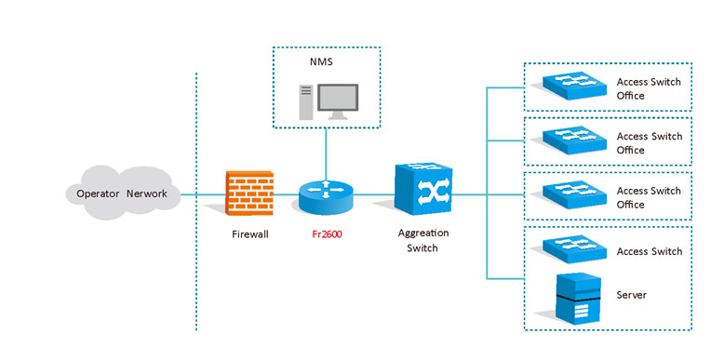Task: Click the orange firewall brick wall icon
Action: click(x=249, y=193)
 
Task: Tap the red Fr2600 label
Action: click(x=327, y=234)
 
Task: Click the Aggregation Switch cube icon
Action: click(x=423, y=189)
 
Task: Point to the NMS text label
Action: click(x=321, y=61)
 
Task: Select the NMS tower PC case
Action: click(x=306, y=102)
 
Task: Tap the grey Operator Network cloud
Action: click(x=123, y=193)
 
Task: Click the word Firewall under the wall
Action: click(x=249, y=234)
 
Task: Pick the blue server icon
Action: click(x=578, y=300)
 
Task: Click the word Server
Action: click(x=631, y=295)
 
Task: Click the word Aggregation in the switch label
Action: click(x=423, y=233)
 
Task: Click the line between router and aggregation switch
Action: click(x=374, y=195)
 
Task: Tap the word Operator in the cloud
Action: click(x=98, y=194)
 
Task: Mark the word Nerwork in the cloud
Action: click(x=147, y=193)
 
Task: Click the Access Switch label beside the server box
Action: click(x=649, y=252)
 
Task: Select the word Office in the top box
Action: click(x=630, y=96)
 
